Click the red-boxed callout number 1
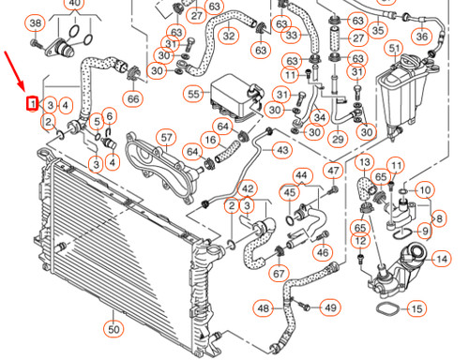[33, 103]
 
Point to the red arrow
[21, 76]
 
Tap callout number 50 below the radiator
[113, 329]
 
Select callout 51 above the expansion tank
[395, 48]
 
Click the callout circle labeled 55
[194, 94]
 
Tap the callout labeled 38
[36, 22]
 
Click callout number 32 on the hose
[229, 36]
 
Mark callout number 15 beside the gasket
[416, 308]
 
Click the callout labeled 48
[264, 307]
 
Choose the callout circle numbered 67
[278, 274]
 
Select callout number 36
[421, 36]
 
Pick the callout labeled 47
[334, 170]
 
